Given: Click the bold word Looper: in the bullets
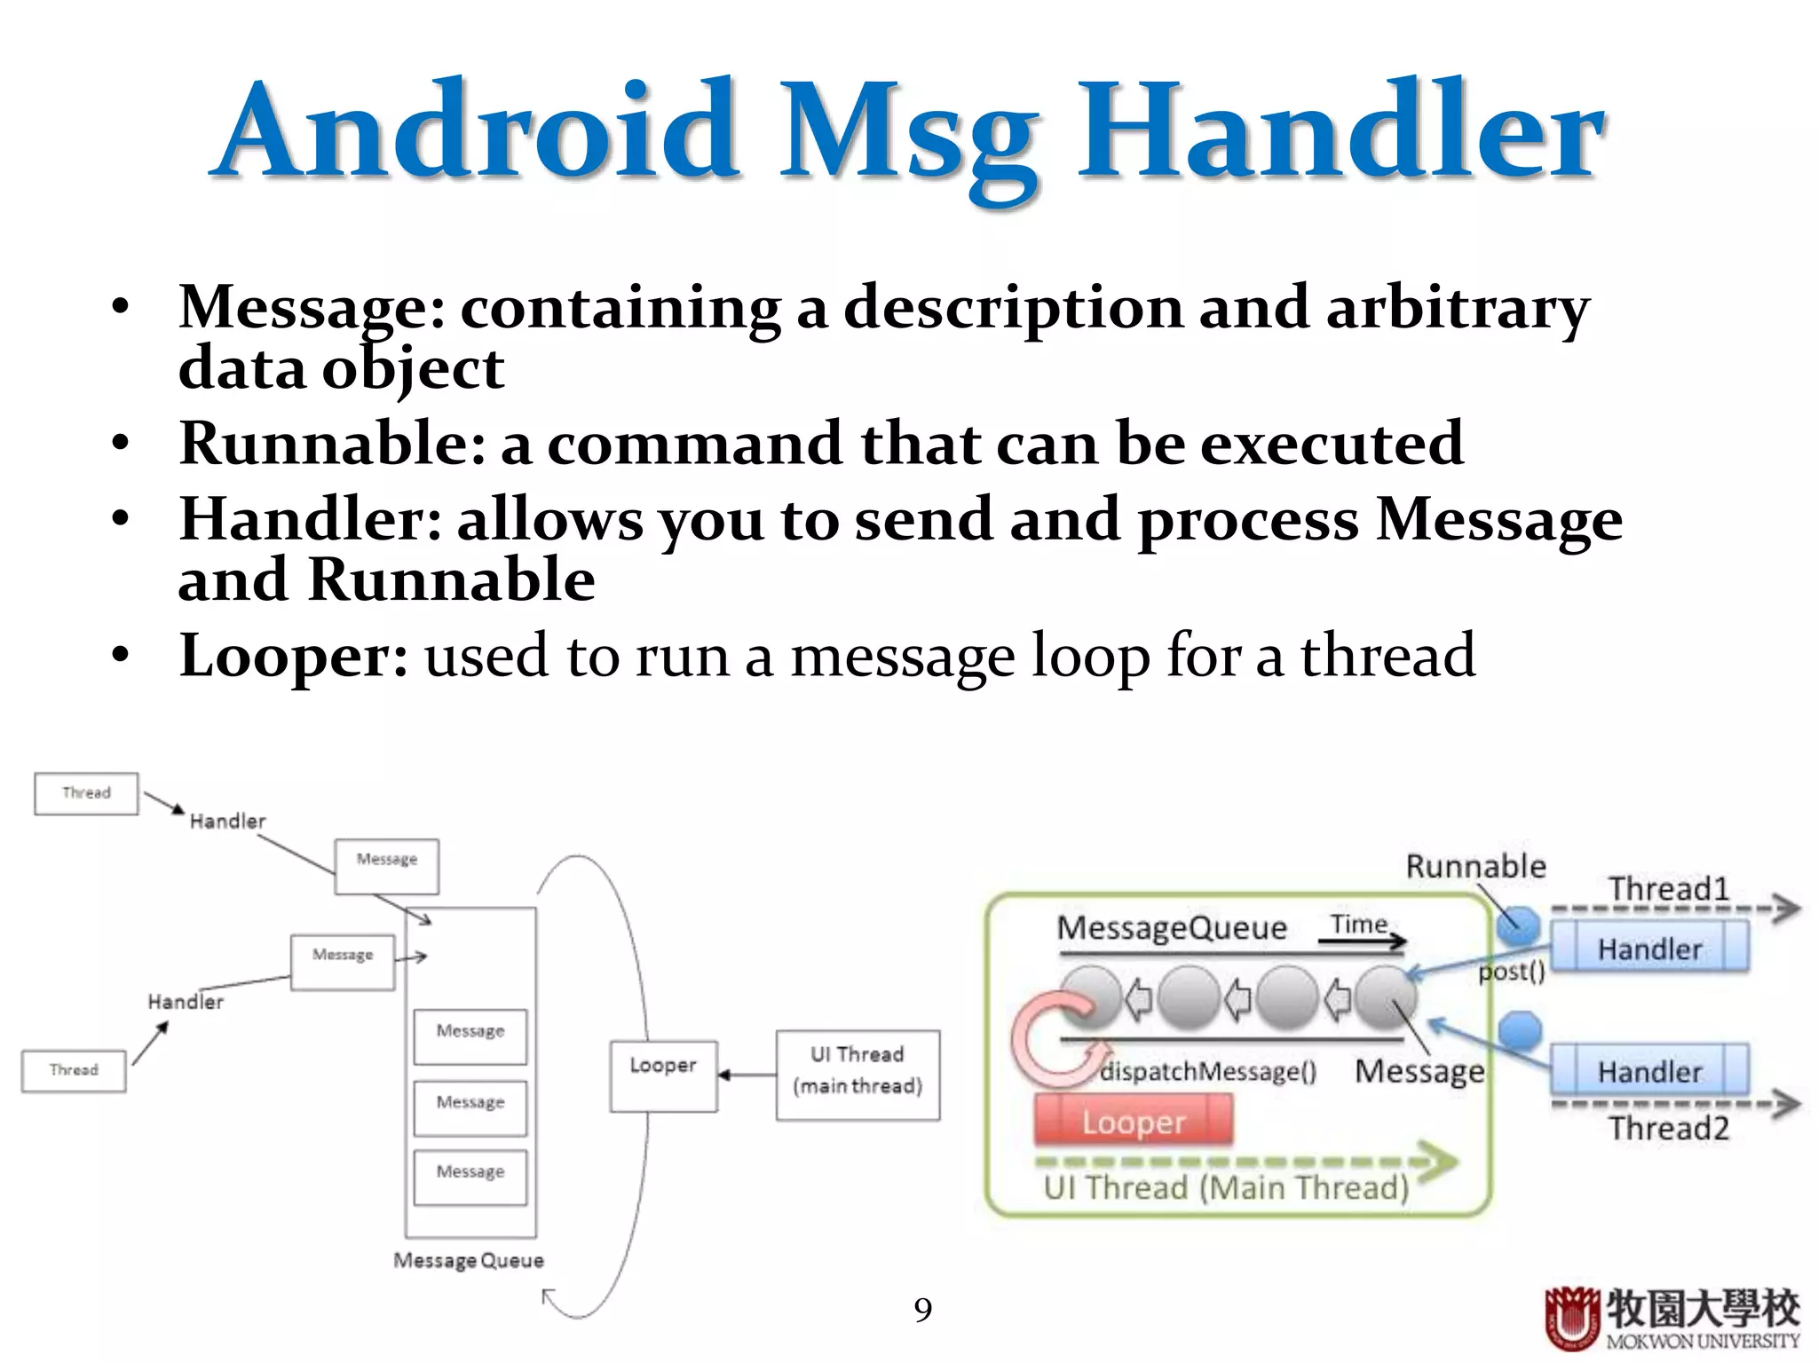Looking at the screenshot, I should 293,657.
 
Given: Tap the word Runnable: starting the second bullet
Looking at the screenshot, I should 333,443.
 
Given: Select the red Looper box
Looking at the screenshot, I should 1134,1121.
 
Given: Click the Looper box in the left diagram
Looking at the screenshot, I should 663,1075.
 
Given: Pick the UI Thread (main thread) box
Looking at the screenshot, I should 858,1075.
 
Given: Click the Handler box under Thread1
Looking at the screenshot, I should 1649,948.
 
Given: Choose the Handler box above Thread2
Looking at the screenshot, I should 1649,1070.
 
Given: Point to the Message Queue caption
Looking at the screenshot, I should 469,1260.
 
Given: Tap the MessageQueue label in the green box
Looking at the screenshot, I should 1172,928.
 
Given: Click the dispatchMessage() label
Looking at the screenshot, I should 1208,1071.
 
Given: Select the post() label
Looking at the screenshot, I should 1512,972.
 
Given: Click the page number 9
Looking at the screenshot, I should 923,1310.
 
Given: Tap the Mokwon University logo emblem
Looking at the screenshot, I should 1570,1318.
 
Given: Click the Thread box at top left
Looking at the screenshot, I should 86,793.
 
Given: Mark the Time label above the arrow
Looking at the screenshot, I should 1359,924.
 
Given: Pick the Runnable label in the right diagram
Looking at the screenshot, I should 1475,866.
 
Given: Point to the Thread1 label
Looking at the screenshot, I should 1669,888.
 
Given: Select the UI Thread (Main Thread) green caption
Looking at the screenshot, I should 1226,1187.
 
